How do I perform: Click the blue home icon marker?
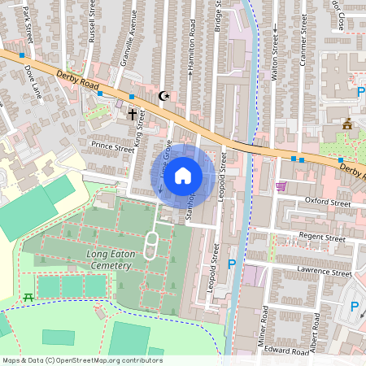[x=183, y=174]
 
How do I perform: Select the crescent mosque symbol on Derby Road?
[x=165, y=95]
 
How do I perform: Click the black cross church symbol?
[x=132, y=115]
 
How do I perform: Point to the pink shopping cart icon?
[x=281, y=186]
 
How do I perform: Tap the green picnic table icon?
[x=29, y=296]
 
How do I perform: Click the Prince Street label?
[x=112, y=148]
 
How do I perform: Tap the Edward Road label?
[x=285, y=351]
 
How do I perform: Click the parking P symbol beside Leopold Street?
[x=232, y=264]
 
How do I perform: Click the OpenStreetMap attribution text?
[x=82, y=360]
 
